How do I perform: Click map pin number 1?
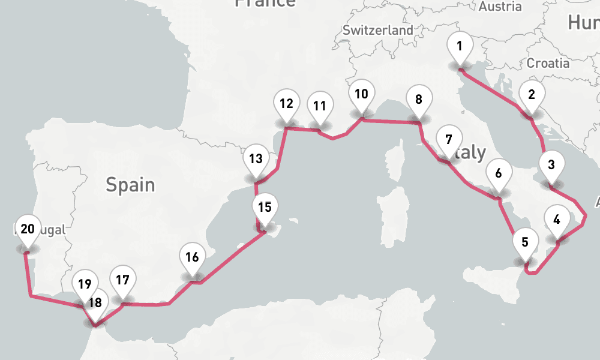[x=460, y=46]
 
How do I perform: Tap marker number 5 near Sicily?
[x=525, y=242]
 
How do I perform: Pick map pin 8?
[x=418, y=100]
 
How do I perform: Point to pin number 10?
[x=361, y=94]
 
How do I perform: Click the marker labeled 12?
[x=286, y=103]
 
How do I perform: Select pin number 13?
[x=256, y=160]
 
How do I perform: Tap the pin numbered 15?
[x=265, y=208]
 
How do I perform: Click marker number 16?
[x=192, y=258]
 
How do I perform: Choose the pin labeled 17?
[x=123, y=280]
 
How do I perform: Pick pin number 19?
[x=85, y=284]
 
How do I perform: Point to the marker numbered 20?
[x=27, y=229]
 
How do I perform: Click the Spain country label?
[x=130, y=184]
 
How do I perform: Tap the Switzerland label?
[x=377, y=30]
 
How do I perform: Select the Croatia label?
[x=548, y=63]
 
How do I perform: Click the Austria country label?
[x=500, y=7]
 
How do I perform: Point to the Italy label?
[x=471, y=152]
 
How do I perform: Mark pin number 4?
[x=557, y=220]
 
